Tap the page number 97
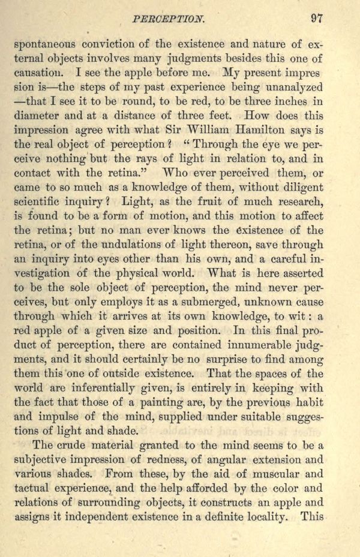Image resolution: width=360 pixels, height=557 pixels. click(317, 18)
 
